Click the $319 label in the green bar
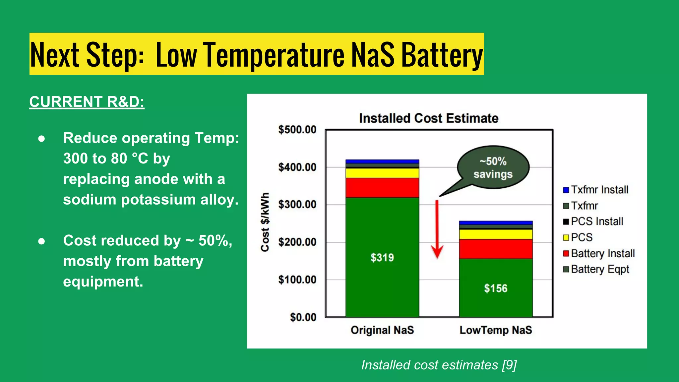click(382, 258)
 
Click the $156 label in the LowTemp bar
click(495, 288)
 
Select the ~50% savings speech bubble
click(493, 167)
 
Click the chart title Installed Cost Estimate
click(428, 118)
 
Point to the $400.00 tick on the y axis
click(297, 167)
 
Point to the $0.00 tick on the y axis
click(303, 317)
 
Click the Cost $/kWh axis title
click(265, 222)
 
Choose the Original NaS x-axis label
click(382, 330)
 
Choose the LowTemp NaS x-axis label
click(495, 330)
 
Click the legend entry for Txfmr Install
click(596, 190)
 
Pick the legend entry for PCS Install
click(593, 222)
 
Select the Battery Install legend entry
click(599, 253)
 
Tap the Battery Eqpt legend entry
click(596, 269)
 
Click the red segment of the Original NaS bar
click(382, 188)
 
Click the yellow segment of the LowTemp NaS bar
click(495, 234)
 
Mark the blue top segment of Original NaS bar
click(382, 161)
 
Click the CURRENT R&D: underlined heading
click(87, 102)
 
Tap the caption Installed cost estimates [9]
click(439, 365)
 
